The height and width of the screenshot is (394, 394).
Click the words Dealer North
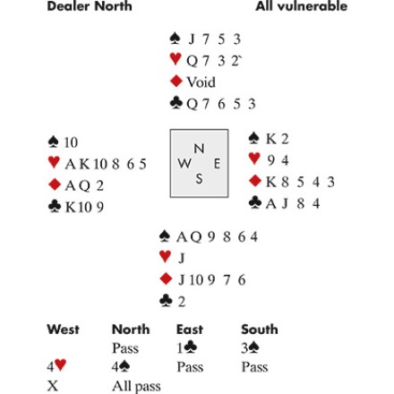click(x=90, y=6)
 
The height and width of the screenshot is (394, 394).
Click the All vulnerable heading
click(x=302, y=6)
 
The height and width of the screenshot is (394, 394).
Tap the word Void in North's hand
click(x=201, y=82)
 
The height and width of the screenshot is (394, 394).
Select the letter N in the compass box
click(x=199, y=149)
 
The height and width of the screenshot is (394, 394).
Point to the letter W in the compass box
click(x=184, y=163)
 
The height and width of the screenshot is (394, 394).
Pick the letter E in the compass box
click(x=217, y=164)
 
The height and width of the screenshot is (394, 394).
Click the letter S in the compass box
click(x=199, y=179)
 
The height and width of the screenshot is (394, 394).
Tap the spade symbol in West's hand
click(x=53, y=141)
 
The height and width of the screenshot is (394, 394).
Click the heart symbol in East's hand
click(x=254, y=158)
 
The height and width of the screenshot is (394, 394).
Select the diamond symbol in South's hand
click(x=167, y=278)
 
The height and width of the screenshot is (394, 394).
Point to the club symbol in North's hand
click(x=176, y=103)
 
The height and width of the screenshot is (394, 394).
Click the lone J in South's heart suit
click(x=181, y=258)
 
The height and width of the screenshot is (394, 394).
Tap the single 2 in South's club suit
click(x=182, y=302)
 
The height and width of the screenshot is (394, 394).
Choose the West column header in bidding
click(x=63, y=330)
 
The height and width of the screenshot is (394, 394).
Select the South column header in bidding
click(x=260, y=330)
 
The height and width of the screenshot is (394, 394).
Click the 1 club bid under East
click(x=187, y=347)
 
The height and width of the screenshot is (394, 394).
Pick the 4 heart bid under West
click(x=56, y=366)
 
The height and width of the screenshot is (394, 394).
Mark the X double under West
click(x=52, y=386)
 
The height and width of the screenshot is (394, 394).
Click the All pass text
click(x=136, y=386)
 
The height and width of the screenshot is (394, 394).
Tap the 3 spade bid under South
click(x=250, y=347)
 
